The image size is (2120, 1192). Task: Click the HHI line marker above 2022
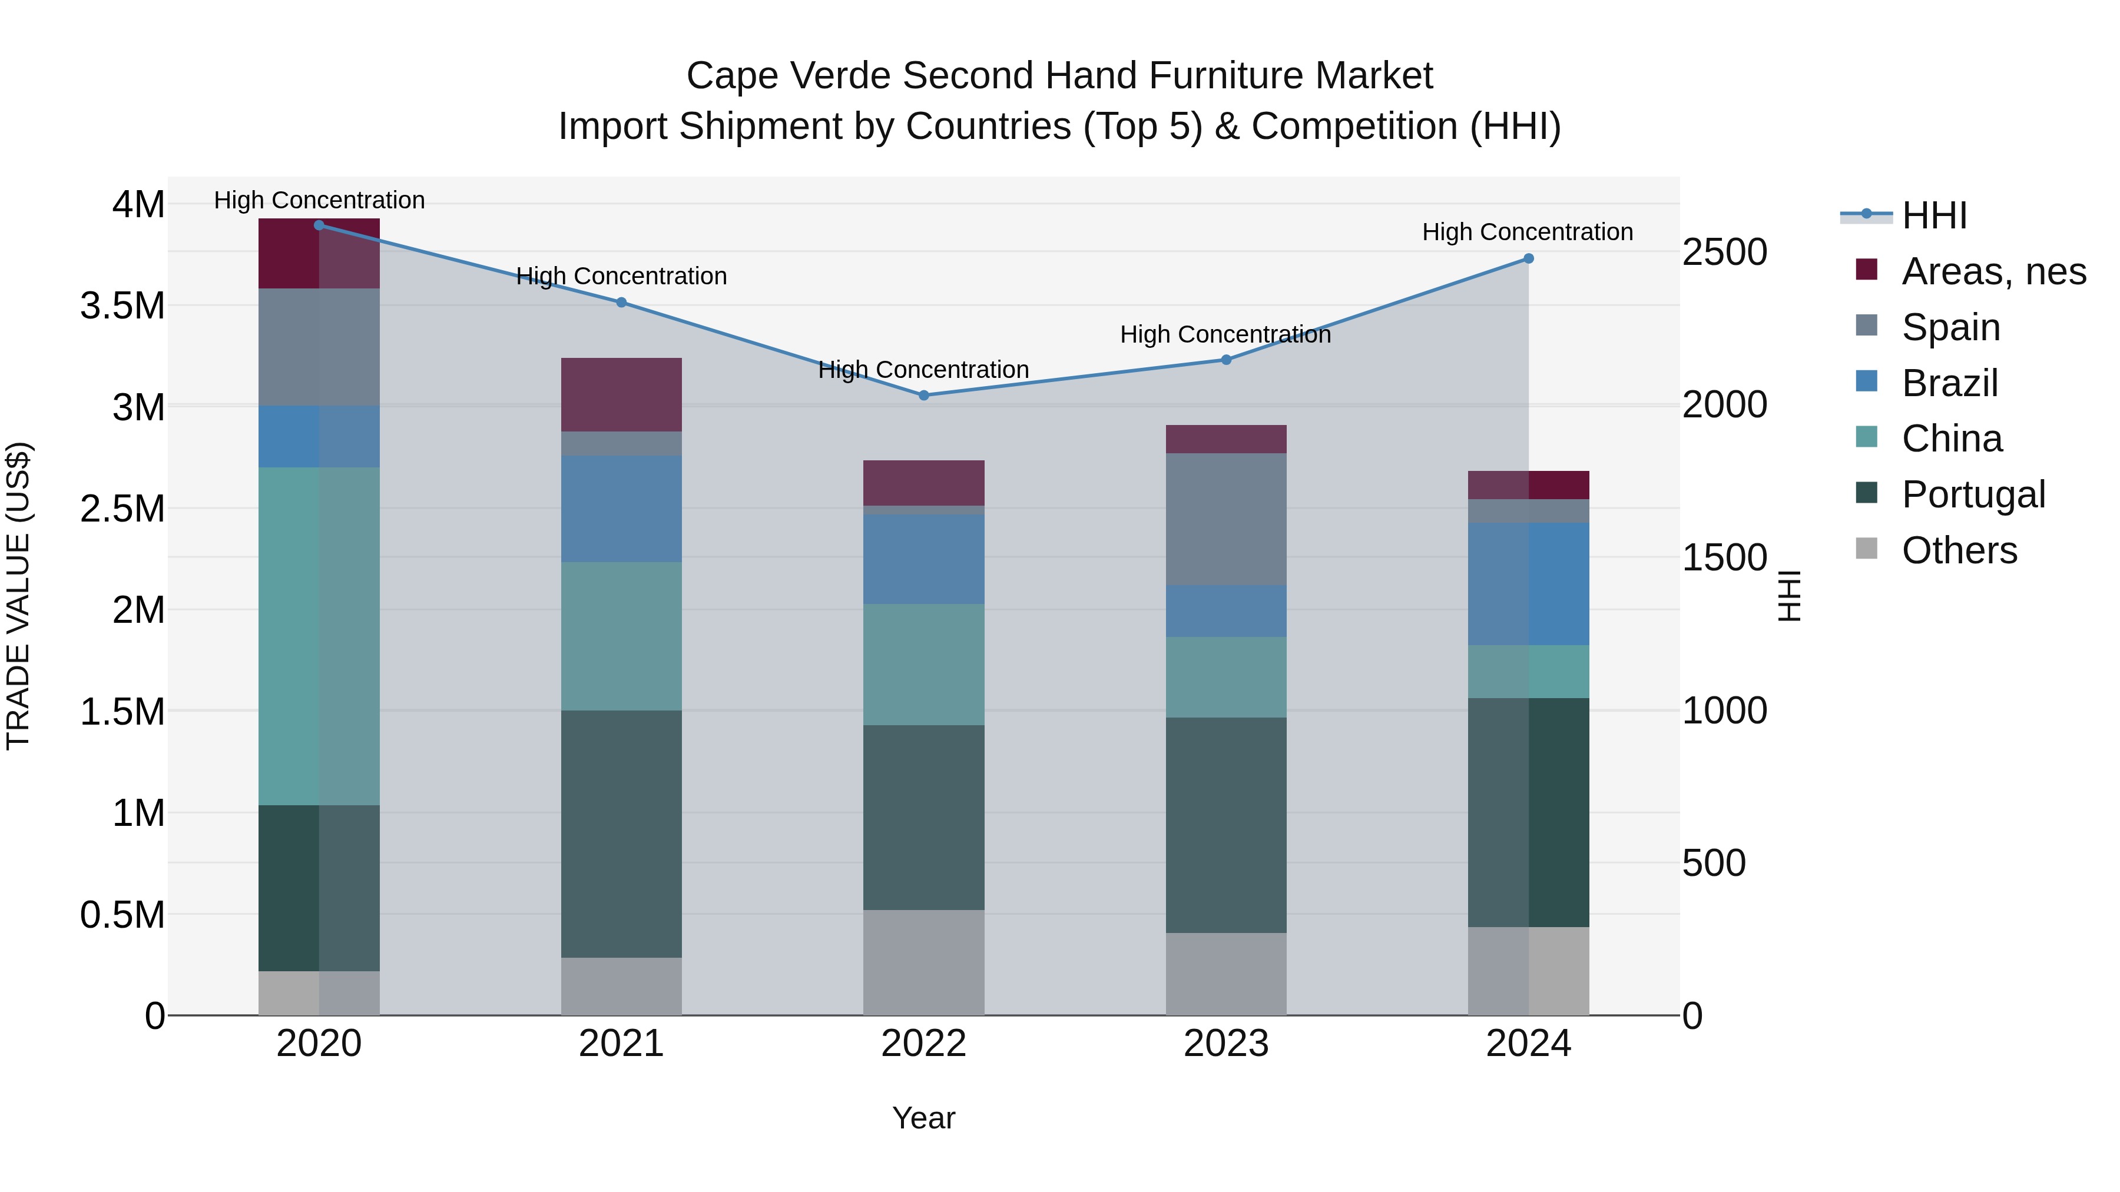pos(923,396)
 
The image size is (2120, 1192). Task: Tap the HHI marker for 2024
pos(1528,258)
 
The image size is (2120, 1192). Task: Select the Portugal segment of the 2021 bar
pos(621,834)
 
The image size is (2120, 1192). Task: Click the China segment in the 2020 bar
pos(319,636)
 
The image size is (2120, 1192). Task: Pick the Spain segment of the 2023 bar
pos(1226,519)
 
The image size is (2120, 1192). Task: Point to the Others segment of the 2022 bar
pos(923,962)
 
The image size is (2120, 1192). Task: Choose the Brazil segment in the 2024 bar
pos(1528,584)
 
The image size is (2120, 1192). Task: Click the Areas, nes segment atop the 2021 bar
pos(621,395)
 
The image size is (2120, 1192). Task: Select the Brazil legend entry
pos(1949,383)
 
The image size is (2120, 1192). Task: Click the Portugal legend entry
pos(1973,494)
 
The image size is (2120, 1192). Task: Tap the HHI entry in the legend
pos(1934,215)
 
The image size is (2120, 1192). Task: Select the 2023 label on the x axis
pos(1226,1044)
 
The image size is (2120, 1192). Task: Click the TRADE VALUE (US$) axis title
pos(18,596)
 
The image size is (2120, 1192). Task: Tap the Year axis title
pos(923,1118)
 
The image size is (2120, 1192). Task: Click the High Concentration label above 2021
pos(621,277)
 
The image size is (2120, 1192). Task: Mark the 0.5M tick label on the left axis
pos(122,915)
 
